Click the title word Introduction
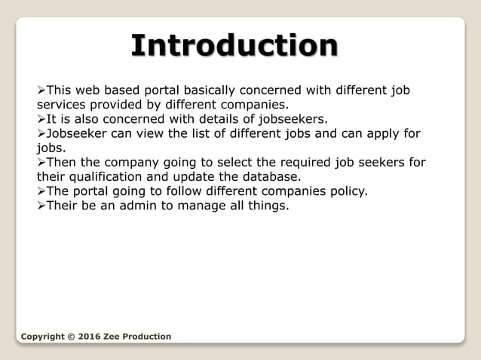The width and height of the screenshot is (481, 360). tap(234, 46)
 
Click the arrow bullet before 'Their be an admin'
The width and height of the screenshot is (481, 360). tap(41, 206)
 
